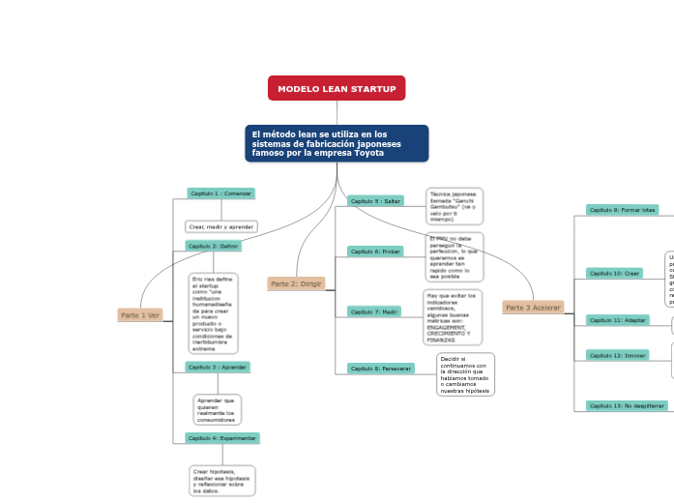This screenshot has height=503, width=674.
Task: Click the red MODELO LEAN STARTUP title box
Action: pyautogui.click(x=337, y=88)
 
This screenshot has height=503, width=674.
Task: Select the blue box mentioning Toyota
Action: pyautogui.click(x=337, y=143)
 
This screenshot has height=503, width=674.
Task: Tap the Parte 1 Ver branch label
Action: pyautogui.click(x=139, y=315)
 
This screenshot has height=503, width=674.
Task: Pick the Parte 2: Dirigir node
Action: pyautogui.click(x=296, y=283)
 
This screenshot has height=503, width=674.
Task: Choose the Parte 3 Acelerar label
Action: pyautogui.click(x=533, y=307)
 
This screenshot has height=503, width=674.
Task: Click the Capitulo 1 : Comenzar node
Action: pyautogui.click(x=220, y=193)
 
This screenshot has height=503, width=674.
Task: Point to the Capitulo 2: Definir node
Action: pyautogui.click(x=214, y=246)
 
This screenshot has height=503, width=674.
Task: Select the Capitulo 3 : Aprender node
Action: pyautogui.click(x=218, y=367)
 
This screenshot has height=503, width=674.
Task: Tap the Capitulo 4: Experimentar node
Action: pyautogui.click(x=222, y=438)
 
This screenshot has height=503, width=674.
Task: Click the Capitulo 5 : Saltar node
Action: pyautogui.click(x=375, y=201)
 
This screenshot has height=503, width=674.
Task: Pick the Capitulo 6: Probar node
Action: pyautogui.click(x=375, y=251)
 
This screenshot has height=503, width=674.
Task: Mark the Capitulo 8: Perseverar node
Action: pyautogui.click(x=380, y=369)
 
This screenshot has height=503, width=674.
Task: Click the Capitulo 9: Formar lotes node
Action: pyautogui.click(x=622, y=210)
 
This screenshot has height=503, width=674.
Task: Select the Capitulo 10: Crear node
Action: pyautogui.click(x=614, y=274)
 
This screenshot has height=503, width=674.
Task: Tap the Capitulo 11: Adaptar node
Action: pyautogui.click(x=618, y=319)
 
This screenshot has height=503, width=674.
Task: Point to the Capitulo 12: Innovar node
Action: pyautogui.click(x=618, y=356)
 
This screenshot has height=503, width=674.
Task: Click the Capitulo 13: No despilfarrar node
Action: pyautogui.click(x=627, y=406)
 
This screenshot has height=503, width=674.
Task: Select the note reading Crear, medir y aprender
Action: pyautogui.click(x=220, y=226)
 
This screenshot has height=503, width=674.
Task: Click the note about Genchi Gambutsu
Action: pyautogui.click(x=454, y=206)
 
